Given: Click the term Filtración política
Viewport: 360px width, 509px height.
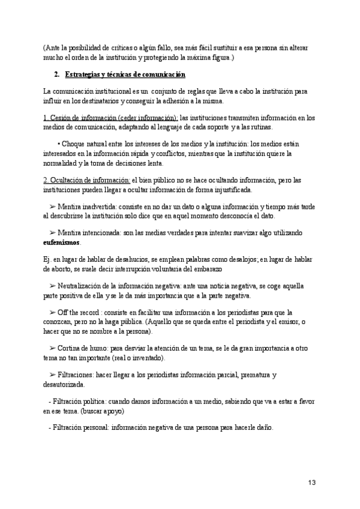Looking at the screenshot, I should (82, 401).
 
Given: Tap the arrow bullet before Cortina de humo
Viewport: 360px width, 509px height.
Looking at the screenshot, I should (53, 348).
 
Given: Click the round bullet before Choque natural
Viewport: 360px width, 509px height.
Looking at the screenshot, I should (59, 145).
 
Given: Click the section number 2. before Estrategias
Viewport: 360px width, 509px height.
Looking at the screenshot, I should (57, 74).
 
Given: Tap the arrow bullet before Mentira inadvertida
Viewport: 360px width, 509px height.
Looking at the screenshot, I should (53, 206).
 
